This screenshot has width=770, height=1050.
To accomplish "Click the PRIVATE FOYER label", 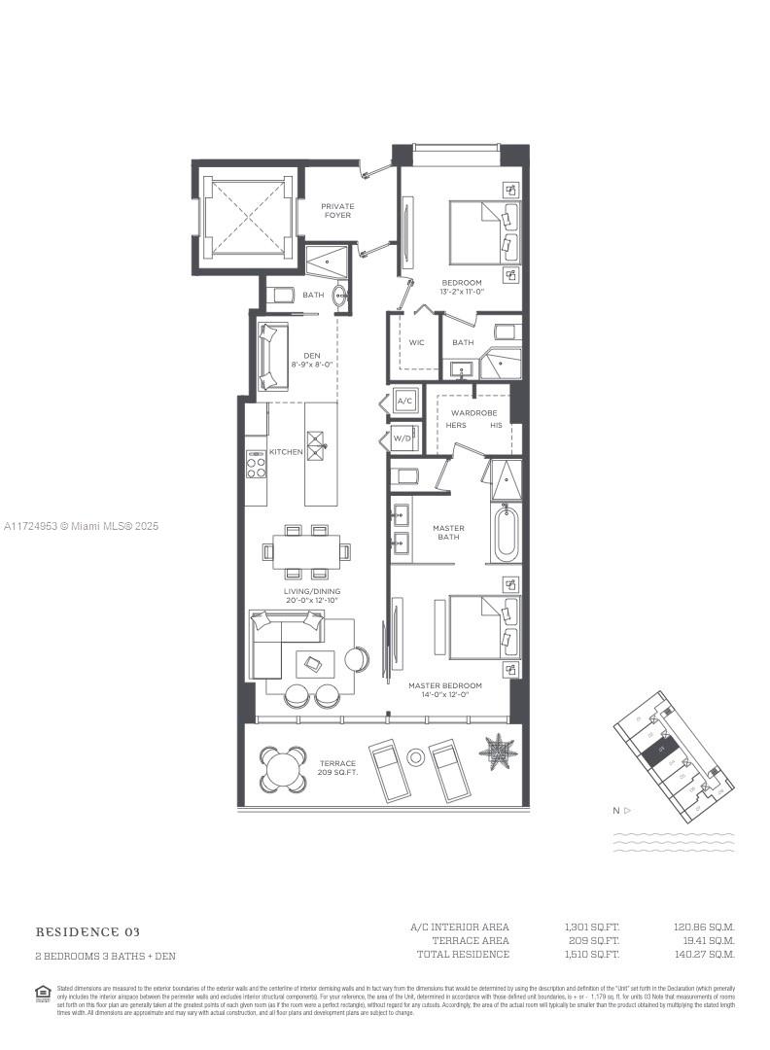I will click(337, 210).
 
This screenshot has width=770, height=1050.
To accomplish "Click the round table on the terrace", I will click(283, 769).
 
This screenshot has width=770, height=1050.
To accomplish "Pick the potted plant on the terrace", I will click(498, 751).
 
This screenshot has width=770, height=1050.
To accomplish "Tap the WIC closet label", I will click(416, 342).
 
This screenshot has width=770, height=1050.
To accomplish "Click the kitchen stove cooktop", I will click(256, 466).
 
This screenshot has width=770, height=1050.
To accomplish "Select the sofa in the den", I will click(270, 356).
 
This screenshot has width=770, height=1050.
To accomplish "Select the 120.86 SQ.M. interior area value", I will click(705, 927).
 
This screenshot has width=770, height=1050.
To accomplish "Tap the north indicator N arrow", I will click(621, 810).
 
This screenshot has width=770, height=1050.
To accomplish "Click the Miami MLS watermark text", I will click(81, 526).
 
